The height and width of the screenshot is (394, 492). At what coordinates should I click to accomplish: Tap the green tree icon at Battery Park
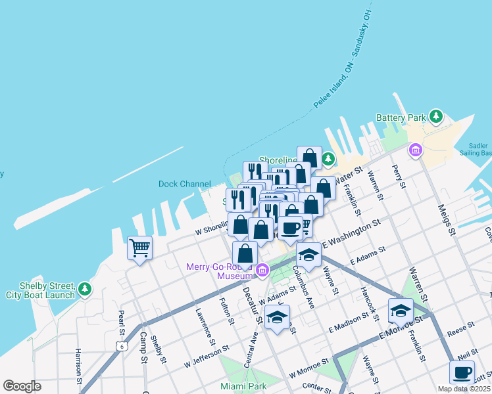click(x=435, y=117)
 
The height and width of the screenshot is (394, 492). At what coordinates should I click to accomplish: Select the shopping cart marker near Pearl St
click(x=139, y=248)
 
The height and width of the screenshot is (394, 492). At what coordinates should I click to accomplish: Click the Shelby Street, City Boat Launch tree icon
click(x=84, y=289)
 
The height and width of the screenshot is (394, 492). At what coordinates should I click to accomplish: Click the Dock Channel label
click(x=185, y=185)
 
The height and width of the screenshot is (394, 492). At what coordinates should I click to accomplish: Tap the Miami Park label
click(x=244, y=386)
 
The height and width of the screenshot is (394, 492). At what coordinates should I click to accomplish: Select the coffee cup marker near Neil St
click(x=462, y=372)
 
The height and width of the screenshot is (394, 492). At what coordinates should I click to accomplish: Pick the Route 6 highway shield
click(x=121, y=345)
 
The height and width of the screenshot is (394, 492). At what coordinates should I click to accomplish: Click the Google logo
click(x=22, y=386)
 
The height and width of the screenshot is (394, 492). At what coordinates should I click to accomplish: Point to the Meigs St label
click(x=447, y=219)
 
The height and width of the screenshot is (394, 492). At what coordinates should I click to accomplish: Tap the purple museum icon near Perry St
click(x=415, y=151)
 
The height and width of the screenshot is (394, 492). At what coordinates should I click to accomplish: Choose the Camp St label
click(x=143, y=346)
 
